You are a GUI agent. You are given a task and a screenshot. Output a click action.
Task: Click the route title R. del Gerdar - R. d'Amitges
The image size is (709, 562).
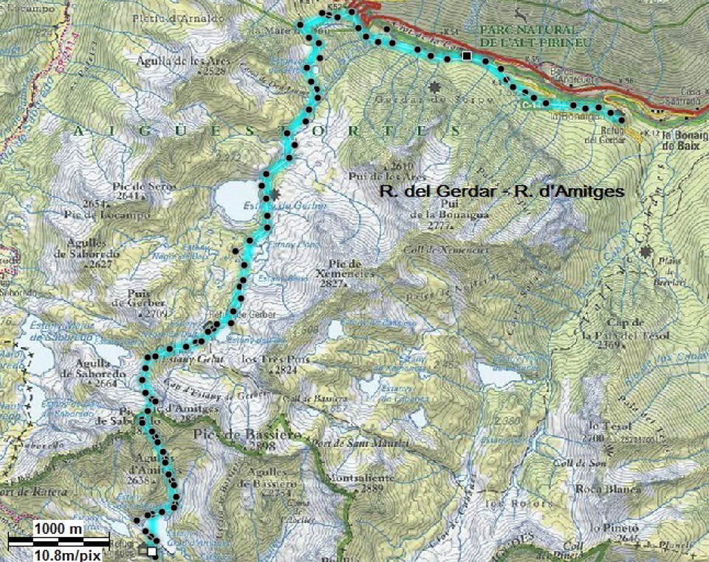click(501, 191)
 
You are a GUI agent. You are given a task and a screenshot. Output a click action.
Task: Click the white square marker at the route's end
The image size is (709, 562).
click(153, 550)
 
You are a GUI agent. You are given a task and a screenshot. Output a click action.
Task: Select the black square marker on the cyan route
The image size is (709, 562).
click(467, 55)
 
